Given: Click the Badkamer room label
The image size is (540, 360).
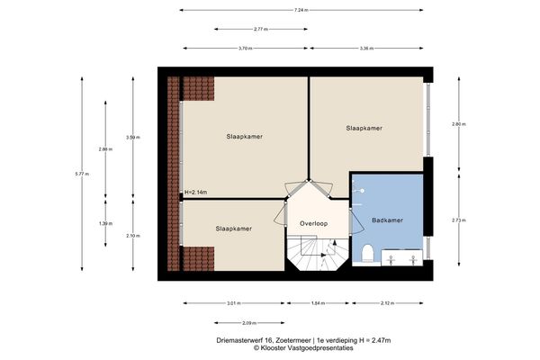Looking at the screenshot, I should point(386,220).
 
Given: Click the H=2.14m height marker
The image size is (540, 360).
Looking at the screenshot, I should point(195,193).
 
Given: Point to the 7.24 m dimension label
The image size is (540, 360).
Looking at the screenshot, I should point(301,10).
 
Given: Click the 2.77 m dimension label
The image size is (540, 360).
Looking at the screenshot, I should point(261,30).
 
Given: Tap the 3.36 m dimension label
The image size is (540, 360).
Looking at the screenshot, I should point(367,49).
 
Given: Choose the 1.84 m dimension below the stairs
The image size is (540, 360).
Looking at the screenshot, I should point(317,303).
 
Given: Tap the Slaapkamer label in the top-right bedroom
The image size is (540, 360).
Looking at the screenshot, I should point(364,129).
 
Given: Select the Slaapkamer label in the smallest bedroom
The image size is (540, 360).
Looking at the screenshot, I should point(233,229).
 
